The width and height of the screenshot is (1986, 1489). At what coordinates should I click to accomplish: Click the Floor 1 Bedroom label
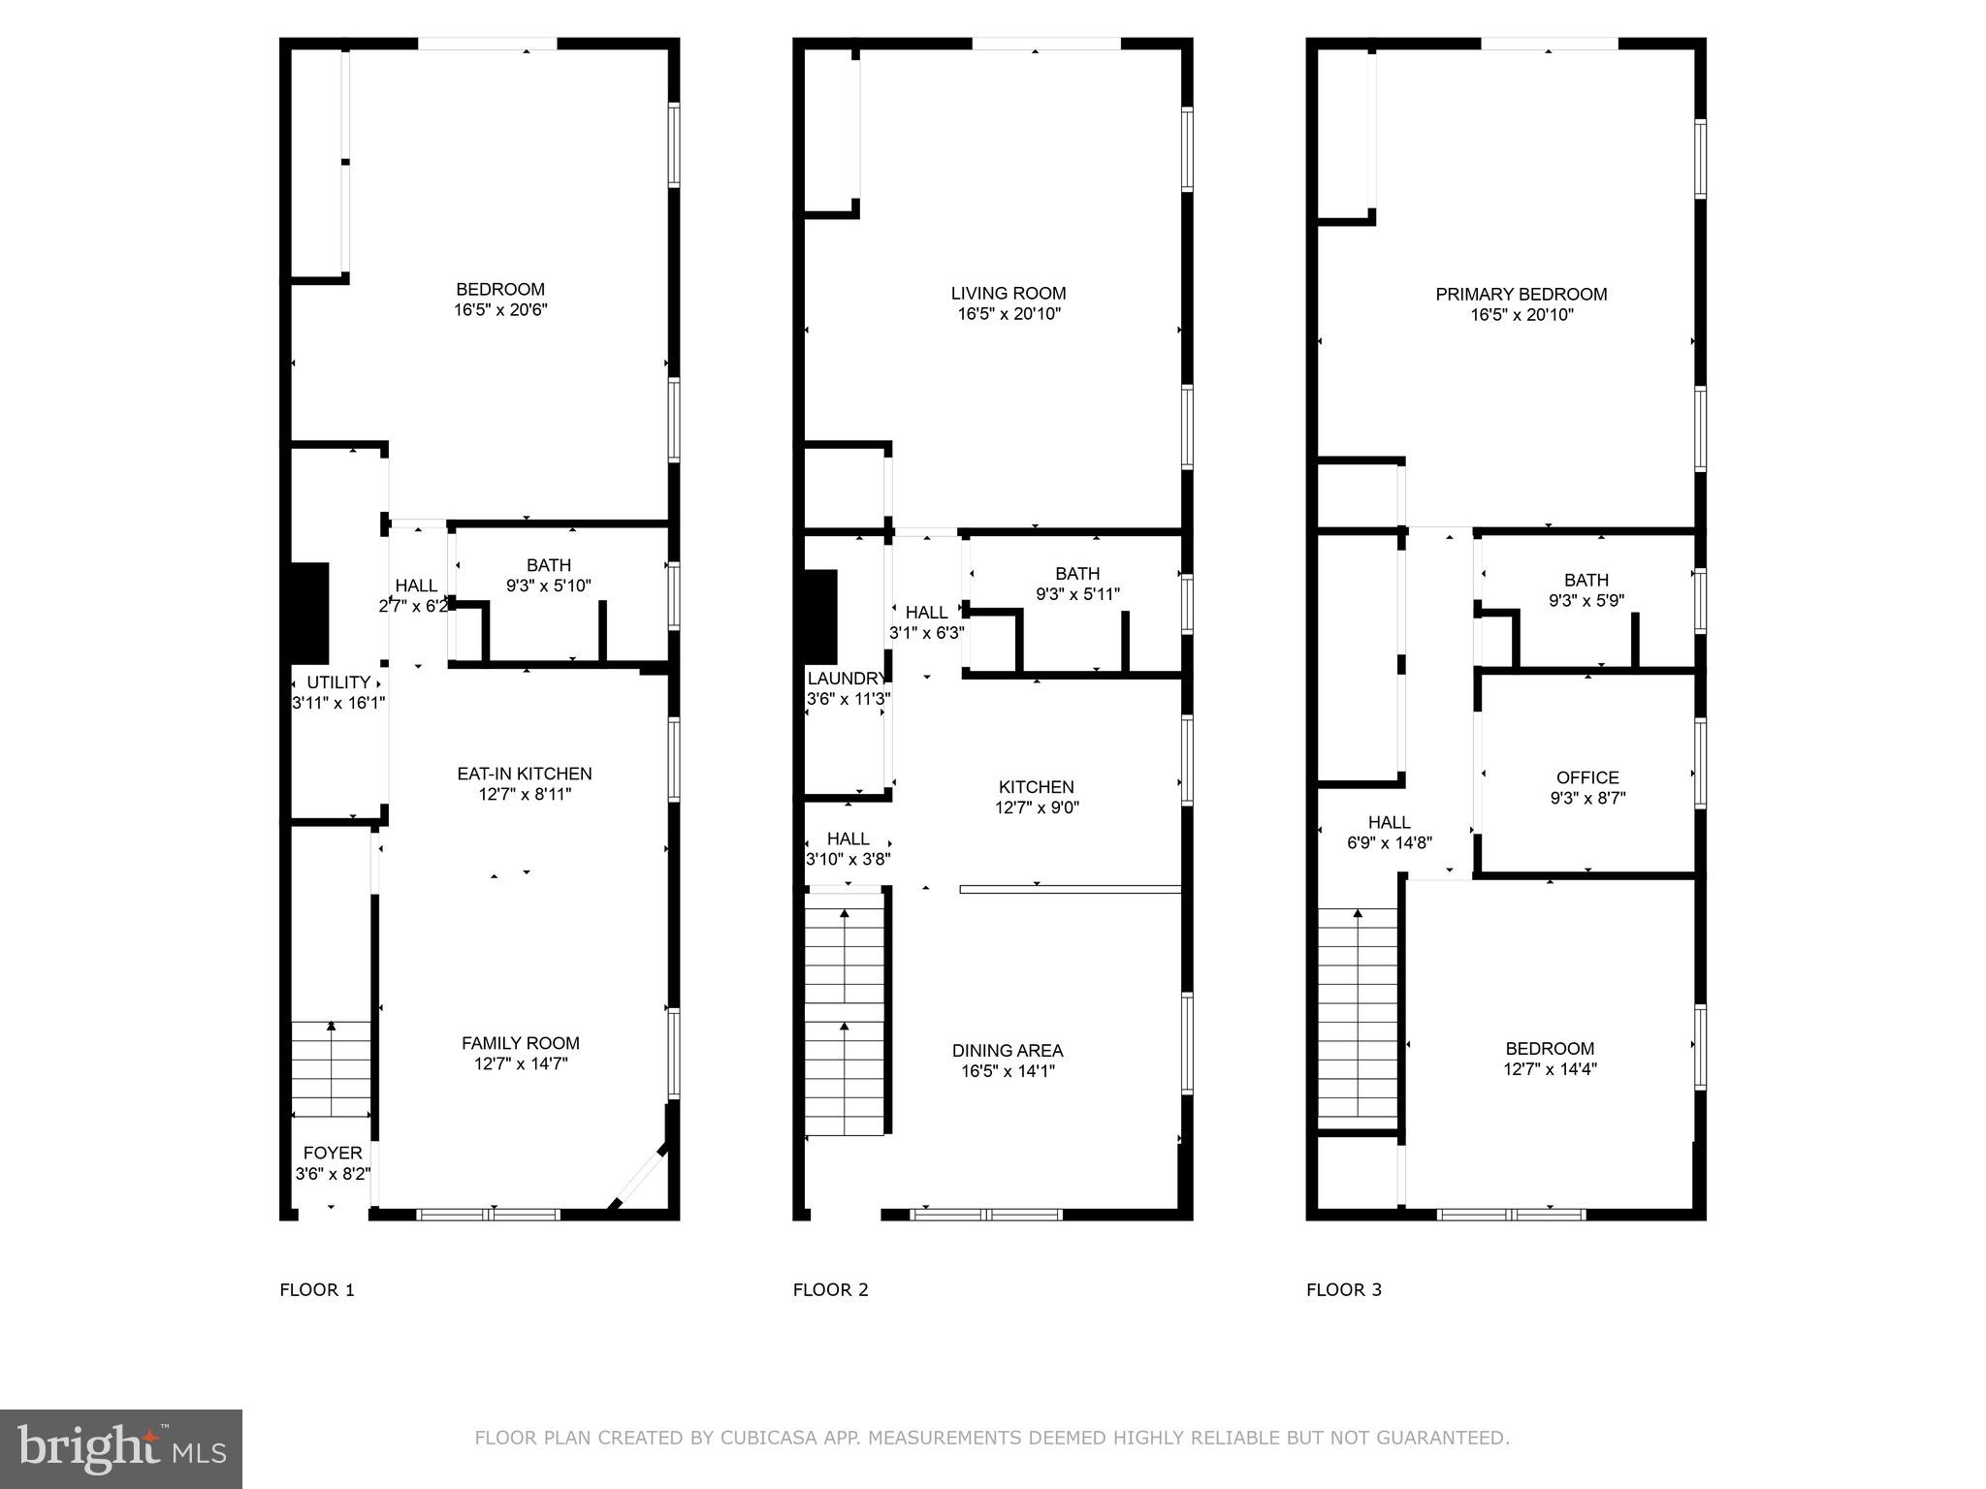500,289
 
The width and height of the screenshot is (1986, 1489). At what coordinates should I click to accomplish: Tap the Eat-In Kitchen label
525,774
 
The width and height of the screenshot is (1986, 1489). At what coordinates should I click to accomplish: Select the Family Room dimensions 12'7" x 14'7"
521,1063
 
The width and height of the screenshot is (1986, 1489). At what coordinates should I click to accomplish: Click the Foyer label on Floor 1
333,1153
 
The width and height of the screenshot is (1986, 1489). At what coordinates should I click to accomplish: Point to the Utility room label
338,681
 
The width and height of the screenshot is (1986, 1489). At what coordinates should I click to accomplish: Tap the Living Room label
1009,293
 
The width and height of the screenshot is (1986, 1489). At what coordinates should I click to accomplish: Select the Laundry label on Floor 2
846,679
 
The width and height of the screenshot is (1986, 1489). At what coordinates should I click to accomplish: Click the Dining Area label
1008,1050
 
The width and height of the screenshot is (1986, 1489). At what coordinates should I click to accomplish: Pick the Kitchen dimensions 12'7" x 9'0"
1037,807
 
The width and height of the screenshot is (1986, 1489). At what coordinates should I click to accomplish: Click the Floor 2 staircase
845,1013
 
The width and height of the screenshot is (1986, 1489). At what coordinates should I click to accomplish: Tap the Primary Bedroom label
1522,294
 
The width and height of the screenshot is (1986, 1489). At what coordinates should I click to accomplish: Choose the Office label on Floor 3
1587,777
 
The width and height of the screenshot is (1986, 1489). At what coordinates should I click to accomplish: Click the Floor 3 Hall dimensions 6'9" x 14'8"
1390,842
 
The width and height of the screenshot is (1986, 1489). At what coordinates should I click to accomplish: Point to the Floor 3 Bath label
1586,580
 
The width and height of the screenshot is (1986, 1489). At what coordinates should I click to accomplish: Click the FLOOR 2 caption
830,1289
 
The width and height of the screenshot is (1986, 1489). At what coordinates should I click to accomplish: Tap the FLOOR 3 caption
1343,1289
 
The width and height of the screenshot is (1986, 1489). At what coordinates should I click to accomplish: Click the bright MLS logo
121,1449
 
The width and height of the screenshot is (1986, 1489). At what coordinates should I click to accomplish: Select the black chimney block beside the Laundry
820,617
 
